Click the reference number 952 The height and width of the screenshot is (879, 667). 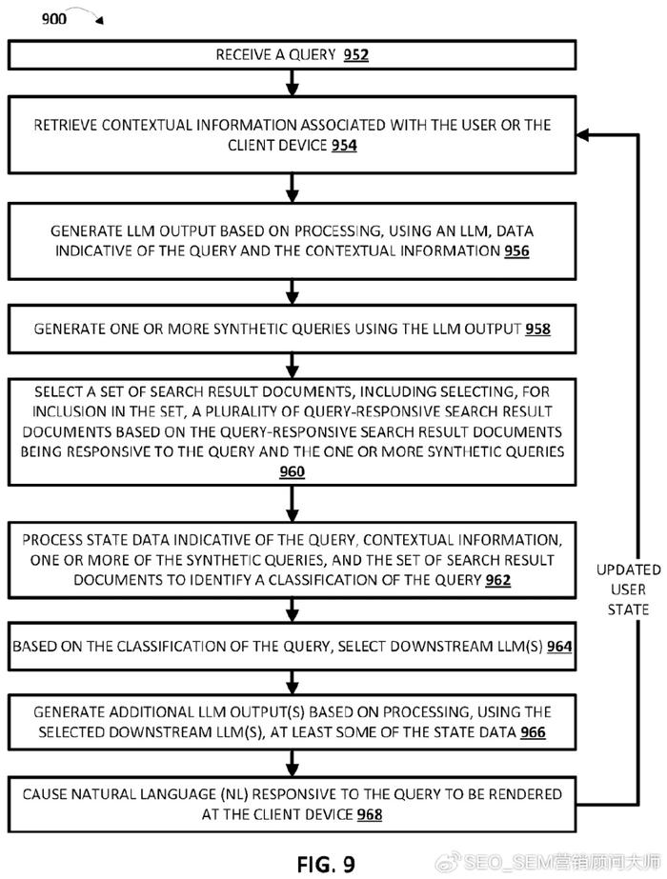coord(356,55)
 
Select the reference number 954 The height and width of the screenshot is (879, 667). coord(344,145)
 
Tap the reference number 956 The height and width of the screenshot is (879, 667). coord(516,250)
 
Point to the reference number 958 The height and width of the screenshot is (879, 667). coord(538,329)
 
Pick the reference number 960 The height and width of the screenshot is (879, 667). coord(293,471)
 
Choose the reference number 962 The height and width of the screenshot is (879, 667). coord(498,580)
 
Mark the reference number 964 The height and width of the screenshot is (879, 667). coord(559,647)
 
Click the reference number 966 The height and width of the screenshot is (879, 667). coord(533,732)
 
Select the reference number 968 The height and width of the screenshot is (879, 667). coord(370,814)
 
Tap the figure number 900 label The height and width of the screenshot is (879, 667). coord(54,19)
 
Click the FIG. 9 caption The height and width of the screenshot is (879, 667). coord(326,864)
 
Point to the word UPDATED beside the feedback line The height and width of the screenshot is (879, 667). coord(628,569)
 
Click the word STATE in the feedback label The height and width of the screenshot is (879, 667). coord(628,609)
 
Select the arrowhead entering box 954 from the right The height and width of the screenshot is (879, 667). coord(582,134)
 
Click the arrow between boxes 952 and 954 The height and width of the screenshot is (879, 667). coord(293,83)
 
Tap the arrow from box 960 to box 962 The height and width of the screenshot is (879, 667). coord(293,504)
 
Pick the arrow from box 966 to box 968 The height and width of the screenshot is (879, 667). coord(293,763)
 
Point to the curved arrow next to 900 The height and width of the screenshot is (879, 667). coord(89,14)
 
